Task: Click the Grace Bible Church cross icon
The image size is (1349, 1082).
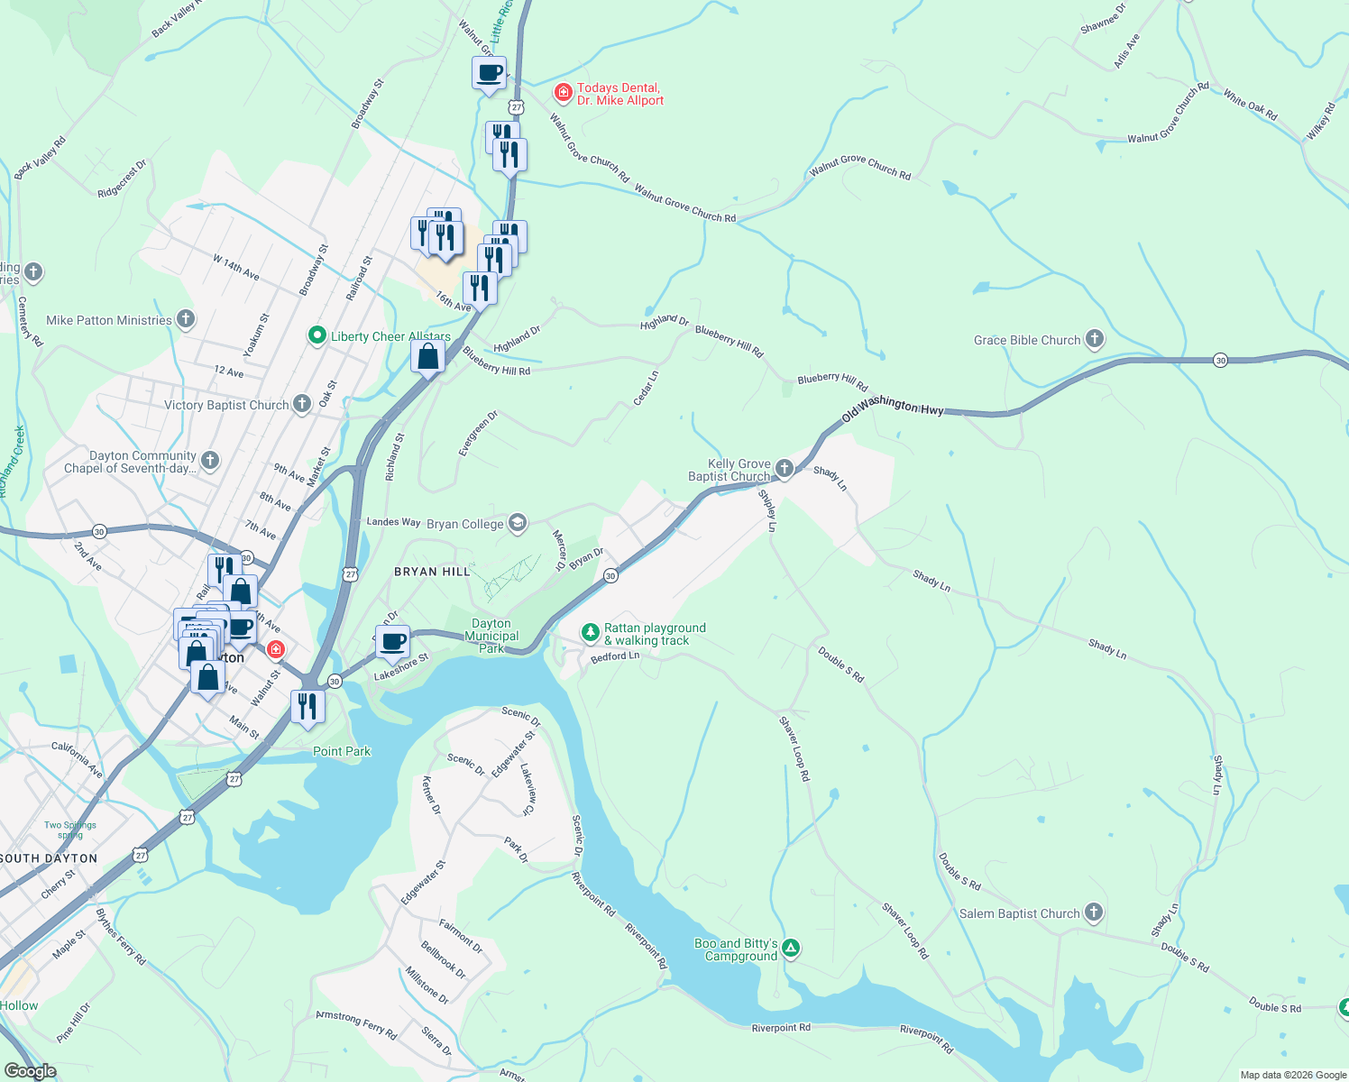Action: pos(1094,340)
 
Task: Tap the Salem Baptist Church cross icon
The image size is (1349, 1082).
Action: pos(1093,913)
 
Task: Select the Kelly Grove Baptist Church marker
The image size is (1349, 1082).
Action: pos(785,468)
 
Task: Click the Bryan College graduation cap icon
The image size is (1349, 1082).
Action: pos(517,524)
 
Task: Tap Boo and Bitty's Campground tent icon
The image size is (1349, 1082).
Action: pos(791,948)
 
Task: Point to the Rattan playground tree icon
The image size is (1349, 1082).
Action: pos(590,633)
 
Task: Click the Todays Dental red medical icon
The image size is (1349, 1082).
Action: pos(564,93)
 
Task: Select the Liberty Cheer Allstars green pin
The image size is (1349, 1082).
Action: pos(317,336)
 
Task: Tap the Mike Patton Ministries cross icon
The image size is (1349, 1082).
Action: pos(185,319)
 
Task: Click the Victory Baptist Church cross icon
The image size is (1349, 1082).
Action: pos(302,405)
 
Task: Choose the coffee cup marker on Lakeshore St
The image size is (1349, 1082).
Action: pos(392,643)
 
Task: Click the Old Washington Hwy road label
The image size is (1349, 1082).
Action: pos(892,408)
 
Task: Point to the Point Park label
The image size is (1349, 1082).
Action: pos(342,751)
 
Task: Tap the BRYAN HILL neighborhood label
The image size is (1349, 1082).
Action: pos(432,572)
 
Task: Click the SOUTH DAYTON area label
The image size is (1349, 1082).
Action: pos(49,858)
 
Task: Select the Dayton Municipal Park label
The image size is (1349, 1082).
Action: pos(491,636)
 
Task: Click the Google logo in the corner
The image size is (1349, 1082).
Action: pos(30,1070)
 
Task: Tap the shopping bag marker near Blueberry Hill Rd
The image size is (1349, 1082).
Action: pos(428,357)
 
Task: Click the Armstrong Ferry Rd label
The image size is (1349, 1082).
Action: pos(356,1025)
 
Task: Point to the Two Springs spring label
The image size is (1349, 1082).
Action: pos(70,830)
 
